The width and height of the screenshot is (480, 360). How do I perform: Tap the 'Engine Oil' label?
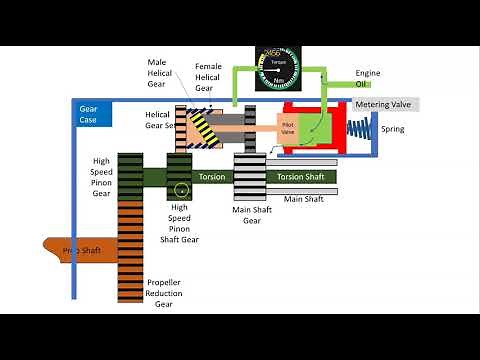[x=369, y=78]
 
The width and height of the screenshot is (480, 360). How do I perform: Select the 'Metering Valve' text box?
[x=385, y=104]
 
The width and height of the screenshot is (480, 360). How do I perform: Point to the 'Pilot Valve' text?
[x=288, y=130]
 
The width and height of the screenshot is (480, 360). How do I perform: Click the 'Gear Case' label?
[x=88, y=113]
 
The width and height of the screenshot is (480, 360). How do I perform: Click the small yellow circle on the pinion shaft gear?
[x=180, y=188]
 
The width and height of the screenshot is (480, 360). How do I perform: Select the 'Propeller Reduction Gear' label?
[x=164, y=293]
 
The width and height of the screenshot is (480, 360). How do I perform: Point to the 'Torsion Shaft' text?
[x=300, y=177]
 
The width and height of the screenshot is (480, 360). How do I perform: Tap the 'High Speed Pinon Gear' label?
[x=101, y=177]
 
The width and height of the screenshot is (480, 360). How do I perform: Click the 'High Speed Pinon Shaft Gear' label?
[x=181, y=225]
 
